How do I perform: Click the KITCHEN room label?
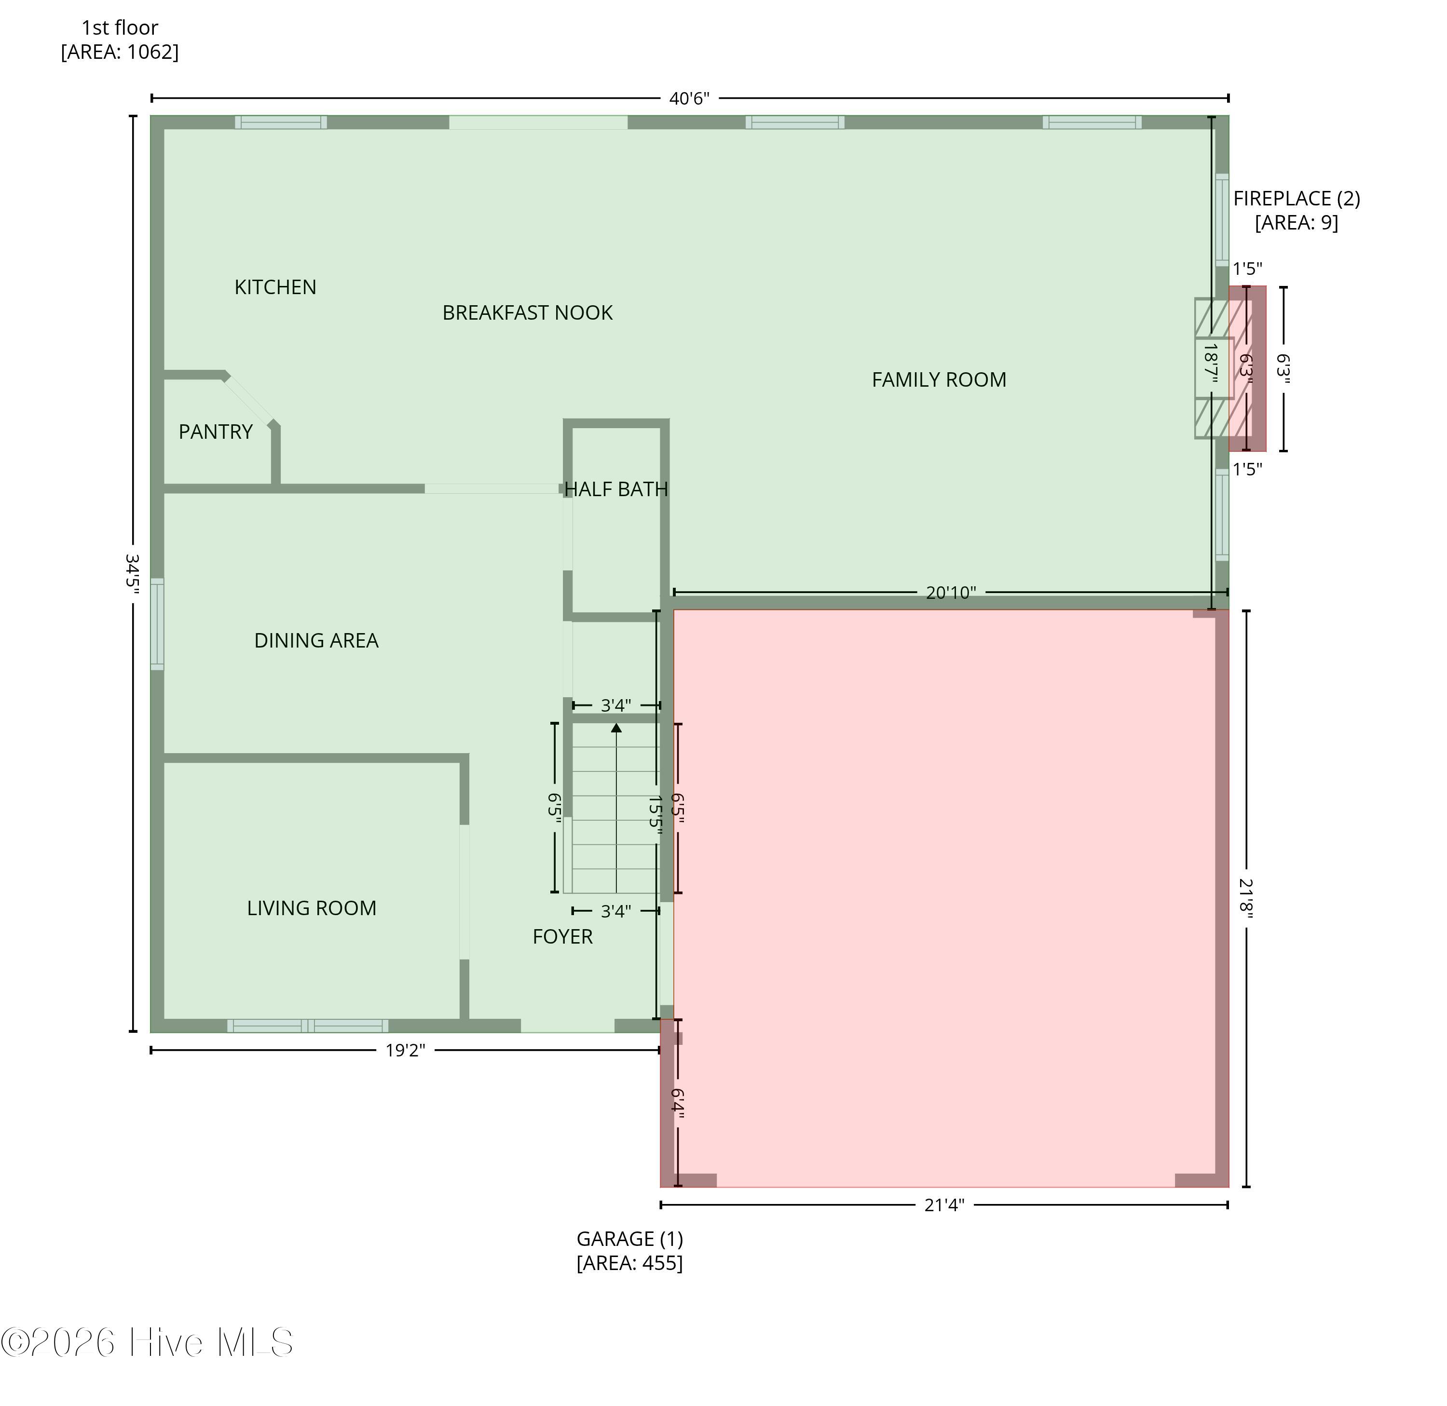275,287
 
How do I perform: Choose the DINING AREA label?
316,640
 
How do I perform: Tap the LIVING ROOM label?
312,908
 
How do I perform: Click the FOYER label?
563,936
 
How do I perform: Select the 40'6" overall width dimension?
689,98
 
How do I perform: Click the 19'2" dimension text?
406,1050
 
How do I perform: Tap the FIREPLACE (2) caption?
1297,210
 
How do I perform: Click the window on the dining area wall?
157,624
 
